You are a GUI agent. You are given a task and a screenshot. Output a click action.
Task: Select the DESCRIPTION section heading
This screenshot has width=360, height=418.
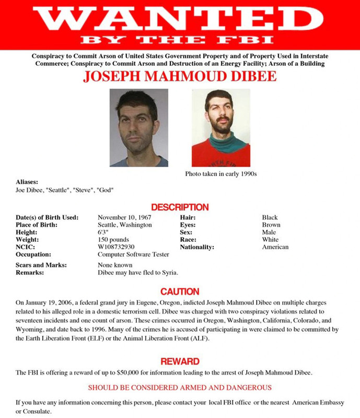(x=180, y=207)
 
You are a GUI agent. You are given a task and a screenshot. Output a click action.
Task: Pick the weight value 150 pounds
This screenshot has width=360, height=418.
(x=113, y=239)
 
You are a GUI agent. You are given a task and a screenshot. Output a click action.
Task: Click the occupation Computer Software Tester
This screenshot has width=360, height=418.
(x=134, y=254)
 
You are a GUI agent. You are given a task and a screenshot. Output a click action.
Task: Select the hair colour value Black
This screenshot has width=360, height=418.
(x=270, y=217)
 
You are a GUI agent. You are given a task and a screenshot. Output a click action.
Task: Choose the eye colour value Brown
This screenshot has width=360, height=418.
(x=271, y=225)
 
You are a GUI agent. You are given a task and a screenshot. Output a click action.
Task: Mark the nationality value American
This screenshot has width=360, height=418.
(x=275, y=247)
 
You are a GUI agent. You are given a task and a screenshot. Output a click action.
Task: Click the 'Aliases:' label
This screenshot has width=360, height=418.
(x=27, y=182)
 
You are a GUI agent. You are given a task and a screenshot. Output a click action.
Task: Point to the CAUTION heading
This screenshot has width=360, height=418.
(x=180, y=292)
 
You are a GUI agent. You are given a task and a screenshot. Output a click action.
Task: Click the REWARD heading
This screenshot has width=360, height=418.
(x=180, y=361)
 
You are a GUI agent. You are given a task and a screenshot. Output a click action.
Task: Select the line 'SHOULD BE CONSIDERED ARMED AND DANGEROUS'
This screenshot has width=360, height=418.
(x=180, y=388)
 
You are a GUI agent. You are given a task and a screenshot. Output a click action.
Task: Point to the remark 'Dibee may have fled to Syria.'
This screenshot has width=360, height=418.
(x=138, y=273)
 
